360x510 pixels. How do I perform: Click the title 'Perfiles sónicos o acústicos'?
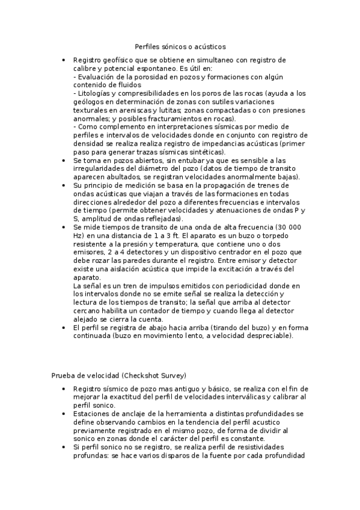pos(180,46)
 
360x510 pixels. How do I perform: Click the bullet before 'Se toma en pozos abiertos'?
pos(64,162)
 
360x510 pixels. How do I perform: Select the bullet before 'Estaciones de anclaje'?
pos(64,414)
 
